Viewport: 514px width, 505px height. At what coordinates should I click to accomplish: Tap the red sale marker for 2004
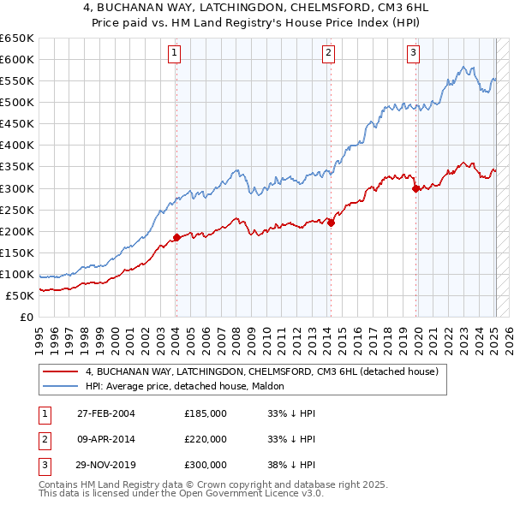pyautogui.click(x=176, y=237)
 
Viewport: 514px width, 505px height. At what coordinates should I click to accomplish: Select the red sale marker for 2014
pyautogui.click(x=330, y=223)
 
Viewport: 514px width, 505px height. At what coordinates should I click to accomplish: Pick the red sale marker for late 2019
pyautogui.click(x=415, y=188)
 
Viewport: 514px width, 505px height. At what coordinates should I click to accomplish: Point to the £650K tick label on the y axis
pyautogui.click(x=16, y=39)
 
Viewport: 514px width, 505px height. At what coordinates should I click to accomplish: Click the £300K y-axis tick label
pyautogui.click(x=16, y=188)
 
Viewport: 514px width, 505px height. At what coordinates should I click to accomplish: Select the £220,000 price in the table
pyautogui.click(x=206, y=439)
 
